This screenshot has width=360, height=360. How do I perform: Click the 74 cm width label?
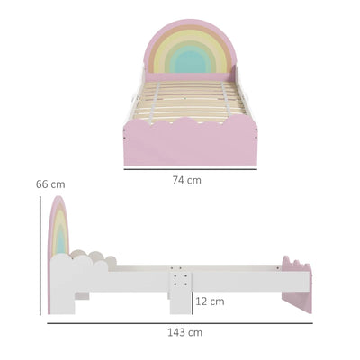(186, 180)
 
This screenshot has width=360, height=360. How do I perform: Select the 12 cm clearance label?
(210, 301)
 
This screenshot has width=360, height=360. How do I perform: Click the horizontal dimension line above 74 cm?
(190, 169)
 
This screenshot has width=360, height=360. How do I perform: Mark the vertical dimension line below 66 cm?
(40, 261)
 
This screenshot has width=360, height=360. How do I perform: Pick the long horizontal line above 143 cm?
(180, 321)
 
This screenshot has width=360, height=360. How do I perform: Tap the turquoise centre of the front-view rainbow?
(189, 61)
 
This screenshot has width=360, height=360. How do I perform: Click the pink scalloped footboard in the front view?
(190, 144)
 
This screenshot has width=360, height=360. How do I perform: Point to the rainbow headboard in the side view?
(58, 229)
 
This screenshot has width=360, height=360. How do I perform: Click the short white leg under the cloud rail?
(81, 294)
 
